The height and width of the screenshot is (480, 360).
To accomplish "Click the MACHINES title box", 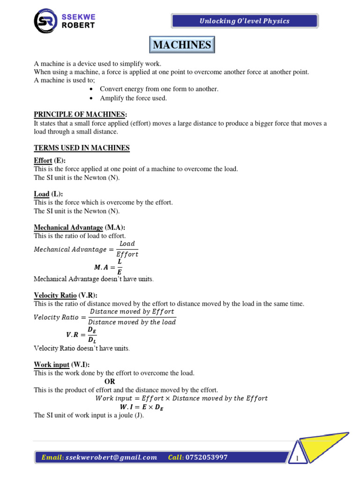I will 182,45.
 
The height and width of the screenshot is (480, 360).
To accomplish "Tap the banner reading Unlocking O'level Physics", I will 245,21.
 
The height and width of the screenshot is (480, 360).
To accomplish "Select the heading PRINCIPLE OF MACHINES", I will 80,115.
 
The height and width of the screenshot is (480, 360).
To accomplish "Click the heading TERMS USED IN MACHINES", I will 82,148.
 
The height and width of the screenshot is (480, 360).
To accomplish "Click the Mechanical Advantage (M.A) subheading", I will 79,227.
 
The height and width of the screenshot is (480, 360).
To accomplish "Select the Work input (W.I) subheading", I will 61,364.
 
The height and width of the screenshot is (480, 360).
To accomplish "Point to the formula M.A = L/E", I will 108,267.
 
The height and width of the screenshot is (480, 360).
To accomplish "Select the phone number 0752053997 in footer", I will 207,457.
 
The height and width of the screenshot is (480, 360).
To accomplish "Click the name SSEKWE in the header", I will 78,16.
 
